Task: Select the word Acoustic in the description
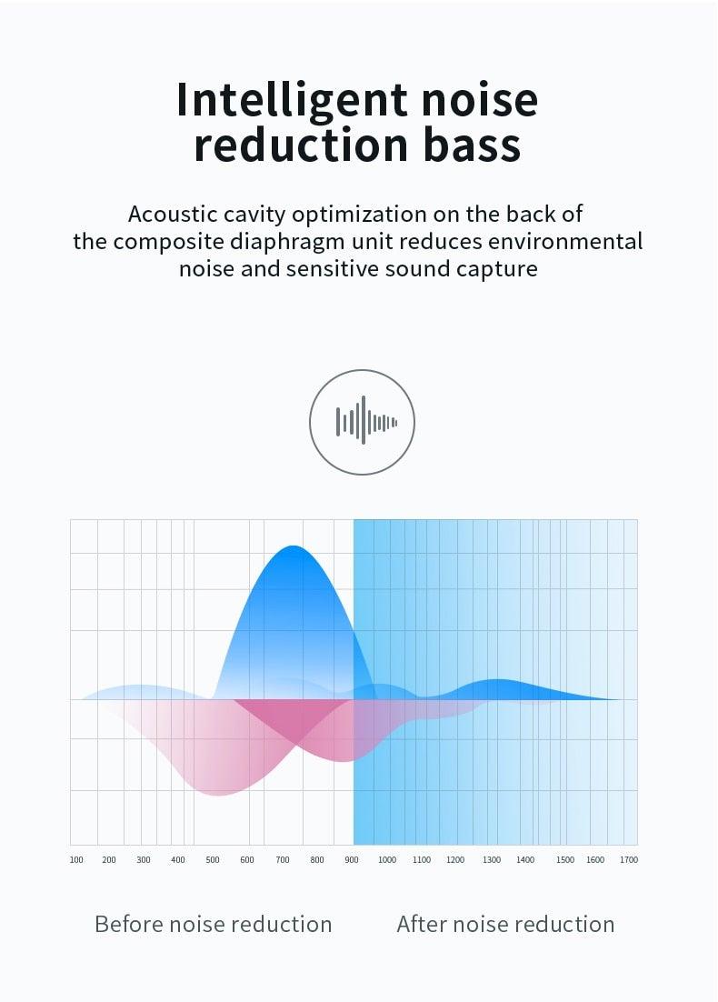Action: tap(173, 215)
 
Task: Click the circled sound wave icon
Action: tap(362, 422)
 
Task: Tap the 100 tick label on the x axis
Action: tap(76, 860)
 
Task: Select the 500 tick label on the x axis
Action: tap(213, 860)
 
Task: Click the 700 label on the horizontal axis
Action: tap(282, 860)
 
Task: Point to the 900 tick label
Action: tap(352, 860)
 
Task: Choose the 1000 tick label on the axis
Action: tap(386, 860)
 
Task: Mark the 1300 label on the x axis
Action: tap(491, 860)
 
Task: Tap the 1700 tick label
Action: tap(629, 860)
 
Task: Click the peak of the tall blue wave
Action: tap(293, 546)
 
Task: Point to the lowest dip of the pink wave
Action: tap(218, 795)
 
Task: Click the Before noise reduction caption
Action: tap(213, 925)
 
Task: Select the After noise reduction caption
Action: tap(505, 925)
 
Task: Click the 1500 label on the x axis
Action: tap(565, 860)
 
